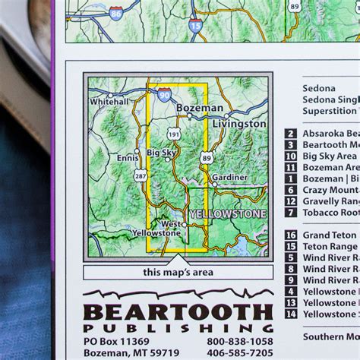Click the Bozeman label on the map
(200, 109)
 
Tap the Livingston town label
(238, 124)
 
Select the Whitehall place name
(109, 101)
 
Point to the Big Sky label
(163, 152)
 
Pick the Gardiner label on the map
(229, 177)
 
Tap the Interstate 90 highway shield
(166, 93)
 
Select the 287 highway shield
(141, 175)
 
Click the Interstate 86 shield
(115, 13)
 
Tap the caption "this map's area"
(178, 272)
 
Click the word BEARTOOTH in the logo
(178, 312)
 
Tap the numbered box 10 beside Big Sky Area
(291, 156)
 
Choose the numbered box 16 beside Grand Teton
(291, 235)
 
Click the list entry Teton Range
(330, 246)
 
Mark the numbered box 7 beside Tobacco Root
(291, 213)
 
